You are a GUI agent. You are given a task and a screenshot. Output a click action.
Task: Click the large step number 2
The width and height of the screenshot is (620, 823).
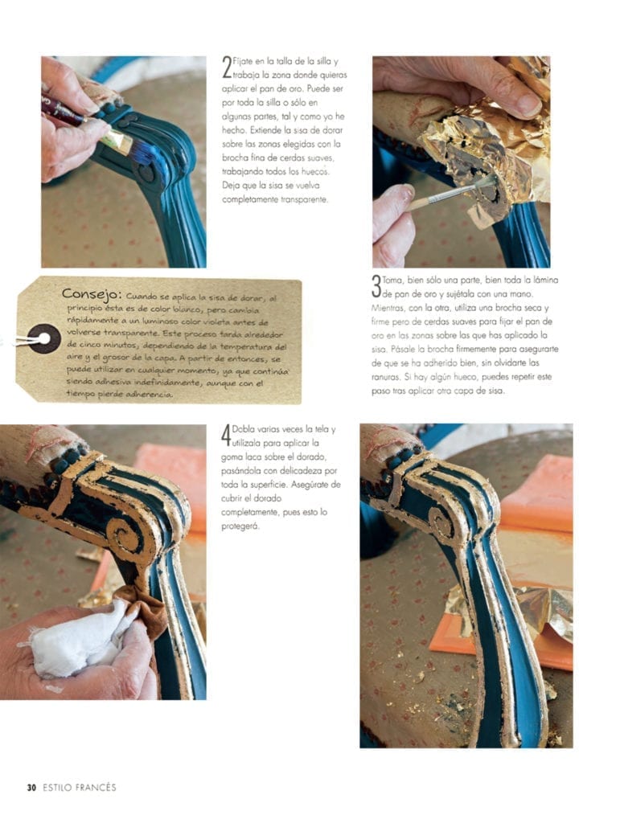tap(227, 68)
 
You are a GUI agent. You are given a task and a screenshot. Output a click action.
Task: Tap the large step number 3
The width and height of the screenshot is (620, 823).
tap(376, 287)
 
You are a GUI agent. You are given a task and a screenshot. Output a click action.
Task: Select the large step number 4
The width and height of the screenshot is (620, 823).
tap(226, 436)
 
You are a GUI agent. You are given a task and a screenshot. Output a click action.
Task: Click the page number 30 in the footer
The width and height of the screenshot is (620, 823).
tap(31, 788)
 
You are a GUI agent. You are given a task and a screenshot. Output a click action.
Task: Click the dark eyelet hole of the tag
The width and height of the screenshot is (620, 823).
tap(44, 338)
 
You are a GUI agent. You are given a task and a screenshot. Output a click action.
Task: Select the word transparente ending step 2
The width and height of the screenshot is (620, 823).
tap(304, 199)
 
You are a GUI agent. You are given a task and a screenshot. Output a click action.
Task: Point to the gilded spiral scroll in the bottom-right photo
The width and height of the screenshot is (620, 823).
tap(442, 520)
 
